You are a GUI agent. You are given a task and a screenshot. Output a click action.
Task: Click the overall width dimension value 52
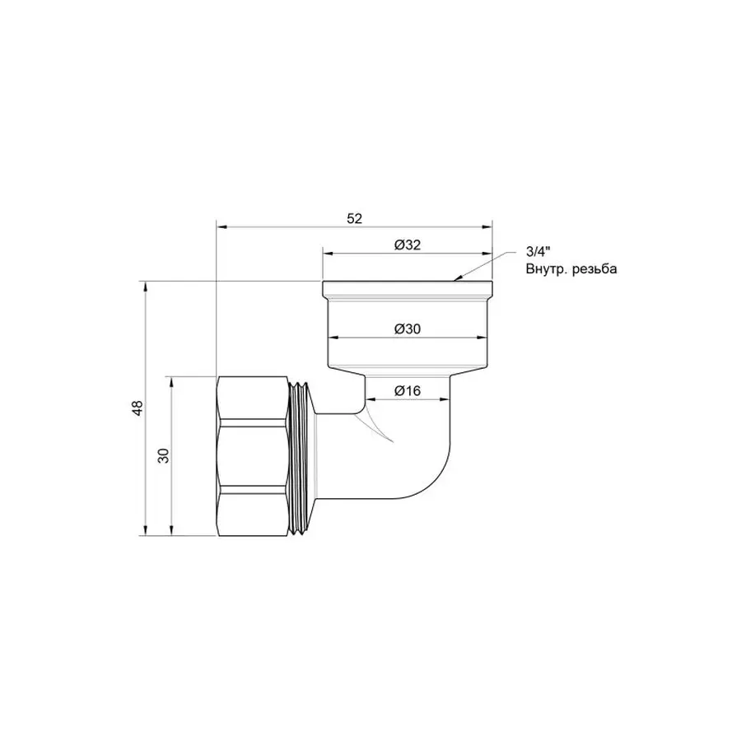point(354,218)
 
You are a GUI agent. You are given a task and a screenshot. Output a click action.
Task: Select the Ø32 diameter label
point(407,245)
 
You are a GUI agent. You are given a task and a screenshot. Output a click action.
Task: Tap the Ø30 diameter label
point(407,329)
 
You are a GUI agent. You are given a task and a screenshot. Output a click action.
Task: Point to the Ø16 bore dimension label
point(407,391)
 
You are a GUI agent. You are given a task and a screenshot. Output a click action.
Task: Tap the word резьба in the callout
point(594,269)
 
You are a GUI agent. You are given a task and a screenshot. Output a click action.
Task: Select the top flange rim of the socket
point(407,289)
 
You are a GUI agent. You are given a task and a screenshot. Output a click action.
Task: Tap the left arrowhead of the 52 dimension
point(221,226)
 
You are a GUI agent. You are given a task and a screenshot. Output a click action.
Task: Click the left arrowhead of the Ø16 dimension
point(369,399)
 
